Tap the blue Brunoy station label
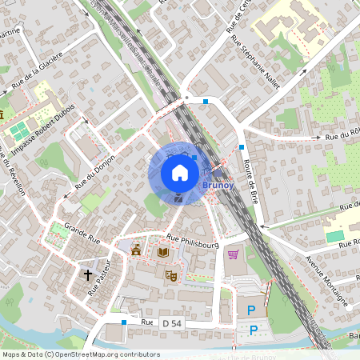point(218,185)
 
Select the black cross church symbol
point(88,275)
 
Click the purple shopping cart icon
point(233,254)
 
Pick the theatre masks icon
point(170,275)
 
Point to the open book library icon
point(163,252)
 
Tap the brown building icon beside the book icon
point(137,250)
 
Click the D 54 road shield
point(172,322)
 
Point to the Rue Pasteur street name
point(98,282)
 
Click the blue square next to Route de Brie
point(242,147)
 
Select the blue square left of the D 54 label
point(124,322)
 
